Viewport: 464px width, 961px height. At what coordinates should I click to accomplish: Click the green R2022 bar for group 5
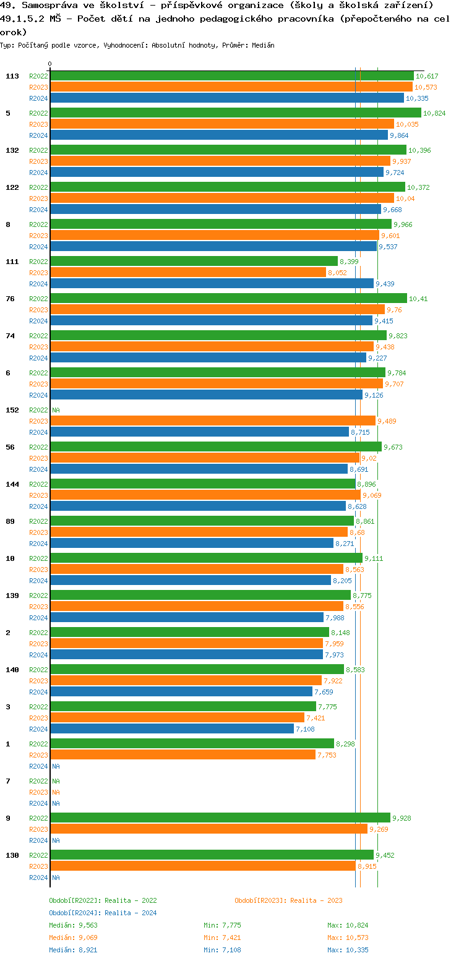(x=235, y=113)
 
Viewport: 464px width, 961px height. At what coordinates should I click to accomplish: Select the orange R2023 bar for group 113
(x=231, y=87)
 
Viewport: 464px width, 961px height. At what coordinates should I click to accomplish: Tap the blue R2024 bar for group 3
(x=171, y=729)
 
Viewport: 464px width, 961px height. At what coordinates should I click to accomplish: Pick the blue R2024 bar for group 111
(x=212, y=284)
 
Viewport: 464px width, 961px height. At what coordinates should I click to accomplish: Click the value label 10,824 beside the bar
(x=434, y=113)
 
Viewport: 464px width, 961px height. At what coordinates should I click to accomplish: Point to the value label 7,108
(x=305, y=729)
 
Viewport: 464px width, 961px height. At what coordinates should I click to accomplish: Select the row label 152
(x=12, y=410)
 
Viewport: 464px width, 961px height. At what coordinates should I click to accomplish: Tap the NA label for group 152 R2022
(x=56, y=410)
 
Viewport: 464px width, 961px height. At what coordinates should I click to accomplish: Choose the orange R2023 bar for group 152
(x=212, y=421)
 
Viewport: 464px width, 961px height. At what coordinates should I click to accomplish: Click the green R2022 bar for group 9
(x=220, y=818)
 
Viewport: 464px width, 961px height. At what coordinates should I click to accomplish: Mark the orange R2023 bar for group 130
(x=202, y=866)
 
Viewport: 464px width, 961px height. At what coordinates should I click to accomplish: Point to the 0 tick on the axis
(x=50, y=64)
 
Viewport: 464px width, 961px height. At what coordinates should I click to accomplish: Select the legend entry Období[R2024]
(x=75, y=913)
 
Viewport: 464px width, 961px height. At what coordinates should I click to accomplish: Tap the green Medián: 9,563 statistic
(x=73, y=925)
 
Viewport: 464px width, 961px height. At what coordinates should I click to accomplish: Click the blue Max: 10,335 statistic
(x=348, y=950)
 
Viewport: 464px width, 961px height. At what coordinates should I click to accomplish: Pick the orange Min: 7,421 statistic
(x=222, y=938)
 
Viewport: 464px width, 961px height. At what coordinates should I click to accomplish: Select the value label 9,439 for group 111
(x=385, y=284)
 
